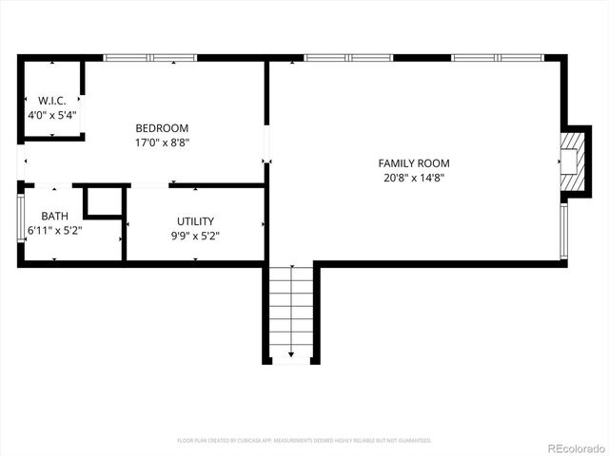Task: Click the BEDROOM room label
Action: click(x=162, y=128)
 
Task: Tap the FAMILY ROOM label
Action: click(x=413, y=163)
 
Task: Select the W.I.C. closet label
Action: click(x=51, y=101)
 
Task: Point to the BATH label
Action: click(x=54, y=217)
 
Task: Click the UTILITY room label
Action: click(x=195, y=221)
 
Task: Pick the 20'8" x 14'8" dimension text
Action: click(x=413, y=178)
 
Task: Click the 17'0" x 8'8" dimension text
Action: click(x=162, y=143)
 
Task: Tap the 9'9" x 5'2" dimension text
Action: click(x=194, y=236)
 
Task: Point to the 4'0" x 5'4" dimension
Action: click(x=52, y=115)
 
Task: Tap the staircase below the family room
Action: click(x=290, y=313)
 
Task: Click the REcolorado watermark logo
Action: click(x=574, y=447)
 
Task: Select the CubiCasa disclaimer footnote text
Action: click(x=304, y=441)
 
